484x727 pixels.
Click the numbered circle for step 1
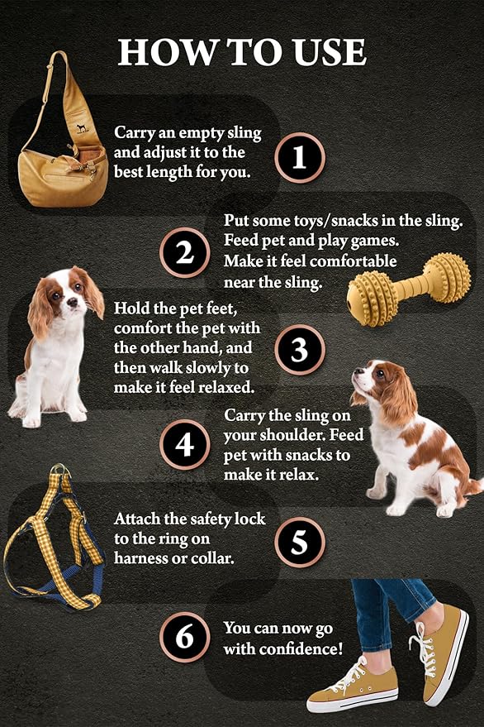[299, 158]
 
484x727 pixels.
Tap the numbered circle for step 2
[185, 253]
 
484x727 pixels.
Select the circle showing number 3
[299, 350]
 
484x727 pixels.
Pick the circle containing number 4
[185, 445]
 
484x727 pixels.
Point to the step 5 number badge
[299, 542]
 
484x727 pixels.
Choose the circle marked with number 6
[185, 637]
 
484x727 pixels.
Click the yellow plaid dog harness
[53, 538]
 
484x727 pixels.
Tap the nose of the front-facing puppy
[73, 302]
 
